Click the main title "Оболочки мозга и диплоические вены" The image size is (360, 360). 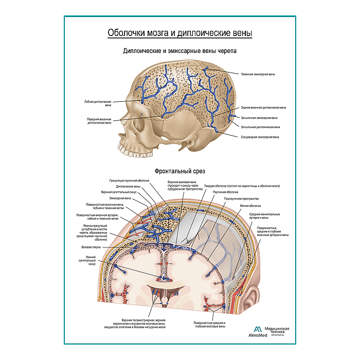pyautogui.click(x=179, y=33)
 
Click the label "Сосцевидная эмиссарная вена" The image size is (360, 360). pyautogui.click(x=260, y=137)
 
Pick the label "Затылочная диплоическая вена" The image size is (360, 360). pyautogui.click(x=260, y=127)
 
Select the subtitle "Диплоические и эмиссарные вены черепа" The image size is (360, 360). pyautogui.click(x=179, y=51)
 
